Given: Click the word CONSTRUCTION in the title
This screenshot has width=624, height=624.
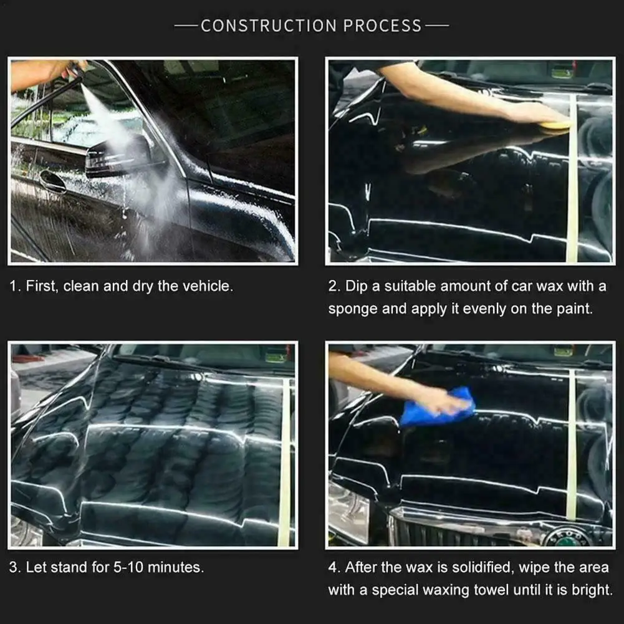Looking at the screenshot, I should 269,26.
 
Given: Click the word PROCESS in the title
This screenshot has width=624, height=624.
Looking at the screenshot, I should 382,26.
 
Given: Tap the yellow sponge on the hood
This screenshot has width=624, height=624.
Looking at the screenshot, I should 554,125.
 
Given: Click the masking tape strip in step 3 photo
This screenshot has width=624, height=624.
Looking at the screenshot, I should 286,461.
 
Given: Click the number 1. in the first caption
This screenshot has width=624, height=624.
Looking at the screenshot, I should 15,287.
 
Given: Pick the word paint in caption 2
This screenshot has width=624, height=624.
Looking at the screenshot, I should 574,309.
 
